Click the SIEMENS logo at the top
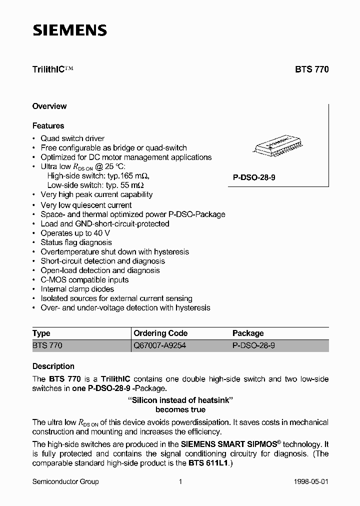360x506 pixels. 70,30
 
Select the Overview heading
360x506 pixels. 49,106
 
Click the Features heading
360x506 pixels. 48,125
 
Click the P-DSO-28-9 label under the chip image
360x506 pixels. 254,177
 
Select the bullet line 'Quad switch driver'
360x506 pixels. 72,138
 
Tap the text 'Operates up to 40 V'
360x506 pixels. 75,233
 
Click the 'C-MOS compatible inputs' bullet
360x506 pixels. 84,280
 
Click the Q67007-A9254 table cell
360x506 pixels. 160,345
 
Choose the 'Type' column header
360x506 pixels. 41,333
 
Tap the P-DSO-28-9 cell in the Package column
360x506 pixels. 254,345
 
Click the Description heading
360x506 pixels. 53,366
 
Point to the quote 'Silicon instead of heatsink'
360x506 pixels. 180,399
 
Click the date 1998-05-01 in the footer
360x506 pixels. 310,481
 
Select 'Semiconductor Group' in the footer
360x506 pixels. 65,481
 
